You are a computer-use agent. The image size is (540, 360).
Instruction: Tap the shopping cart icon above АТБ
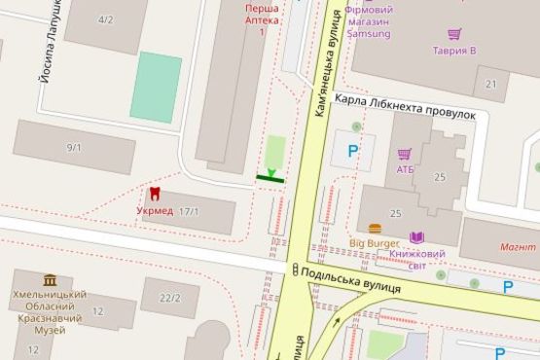tap(405, 154)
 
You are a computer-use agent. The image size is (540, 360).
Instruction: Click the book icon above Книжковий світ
tap(417, 237)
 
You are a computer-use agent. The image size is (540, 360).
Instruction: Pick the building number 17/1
tap(189, 211)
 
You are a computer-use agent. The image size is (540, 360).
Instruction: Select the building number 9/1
tap(74, 147)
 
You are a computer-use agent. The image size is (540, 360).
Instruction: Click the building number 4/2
tap(105, 19)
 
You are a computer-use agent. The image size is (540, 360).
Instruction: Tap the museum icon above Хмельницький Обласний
tap(49, 280)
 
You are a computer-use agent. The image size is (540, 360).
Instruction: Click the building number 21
tap(491, 84)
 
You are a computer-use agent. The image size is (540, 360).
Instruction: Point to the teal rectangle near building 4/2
tap(156, 86)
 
